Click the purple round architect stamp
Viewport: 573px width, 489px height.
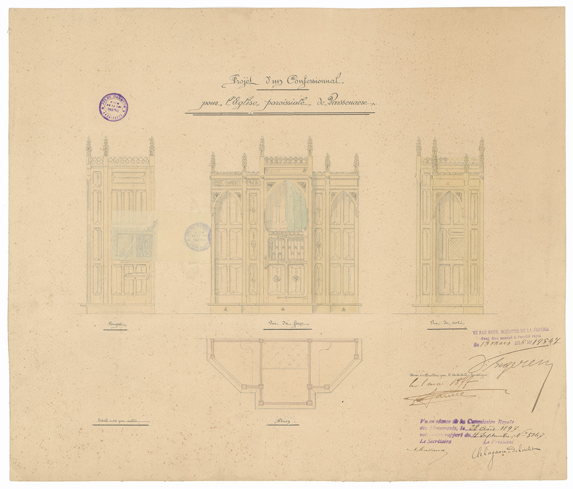point(114,107)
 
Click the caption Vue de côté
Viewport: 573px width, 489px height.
point(447,323)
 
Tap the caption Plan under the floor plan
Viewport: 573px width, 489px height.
point(282,421)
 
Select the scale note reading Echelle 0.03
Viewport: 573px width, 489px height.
point(120,420)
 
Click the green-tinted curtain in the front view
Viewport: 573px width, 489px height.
point(286,207)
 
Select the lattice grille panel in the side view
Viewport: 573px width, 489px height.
point(455,248)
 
